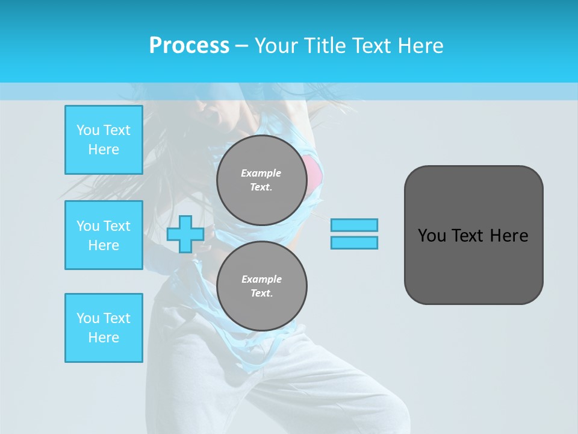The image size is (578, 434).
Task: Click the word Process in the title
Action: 189,45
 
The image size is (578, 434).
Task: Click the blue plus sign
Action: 185,234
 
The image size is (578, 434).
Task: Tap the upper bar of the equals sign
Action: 354,225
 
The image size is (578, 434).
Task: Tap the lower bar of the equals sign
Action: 354,243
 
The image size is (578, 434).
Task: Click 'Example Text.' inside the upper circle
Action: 261,180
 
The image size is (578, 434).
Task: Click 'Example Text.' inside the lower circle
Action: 261,286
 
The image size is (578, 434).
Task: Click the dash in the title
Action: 241,46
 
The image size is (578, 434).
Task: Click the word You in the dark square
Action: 432,235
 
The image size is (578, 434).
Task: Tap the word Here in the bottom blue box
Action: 104,338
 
